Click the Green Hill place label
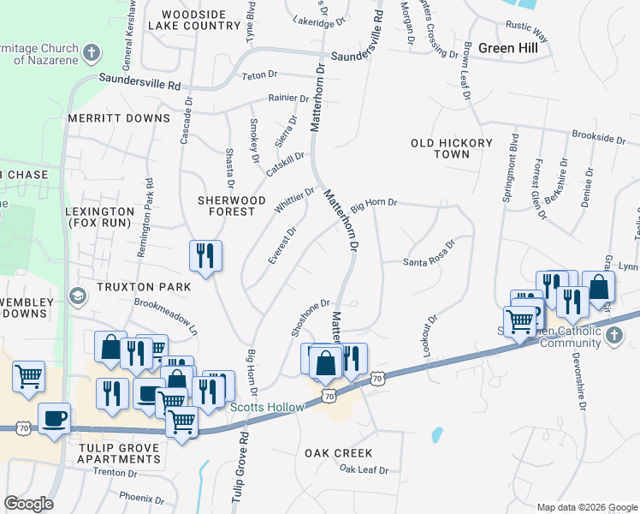pyautogui.click(x=507, y=48)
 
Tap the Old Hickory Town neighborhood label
pyautogui.click(x=452, y=149)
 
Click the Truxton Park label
pyautogui.click(x=129, y=287)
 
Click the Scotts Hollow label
pyautogui.click(x=266, y=407)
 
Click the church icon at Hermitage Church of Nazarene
pyautogui.click(x=91, y=54)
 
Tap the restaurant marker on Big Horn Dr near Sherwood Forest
pyautogui.click(x=205, y=254)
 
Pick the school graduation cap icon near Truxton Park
pyautogui.click(x=78, y=296)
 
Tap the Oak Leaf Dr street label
pyautogui.click(x=363, y=469)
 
